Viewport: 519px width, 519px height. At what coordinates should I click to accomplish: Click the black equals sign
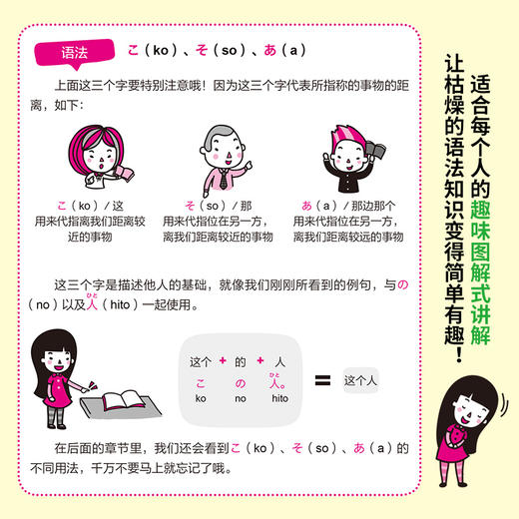point(318,379)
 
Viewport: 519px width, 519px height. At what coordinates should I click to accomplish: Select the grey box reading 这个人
point(362,380)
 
